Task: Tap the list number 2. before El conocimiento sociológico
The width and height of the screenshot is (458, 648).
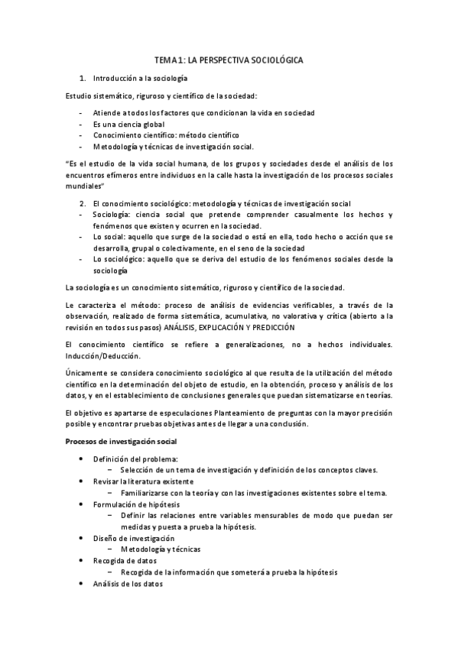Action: coord(83,203)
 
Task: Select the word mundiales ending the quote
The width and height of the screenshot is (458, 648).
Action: coord(83,186)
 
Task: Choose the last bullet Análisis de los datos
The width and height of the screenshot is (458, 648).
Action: coord(128,584)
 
